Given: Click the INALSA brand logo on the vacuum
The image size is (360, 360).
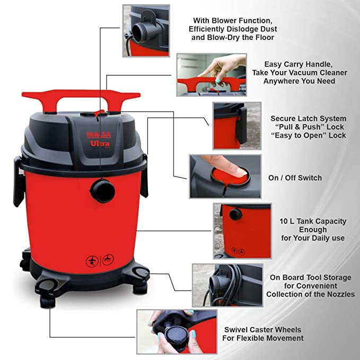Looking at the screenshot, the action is [99, 135].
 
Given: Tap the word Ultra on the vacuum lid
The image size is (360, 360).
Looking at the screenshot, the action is [100, 144].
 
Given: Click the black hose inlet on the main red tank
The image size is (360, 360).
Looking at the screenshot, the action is [103, 190].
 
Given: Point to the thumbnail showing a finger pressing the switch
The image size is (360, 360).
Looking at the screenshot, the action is [225, 177].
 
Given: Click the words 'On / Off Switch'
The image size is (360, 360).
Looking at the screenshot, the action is [295, 178].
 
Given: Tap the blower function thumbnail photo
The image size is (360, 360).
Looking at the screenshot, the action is [146, 31].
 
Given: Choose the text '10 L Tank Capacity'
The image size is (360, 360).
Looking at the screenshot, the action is [313, 221].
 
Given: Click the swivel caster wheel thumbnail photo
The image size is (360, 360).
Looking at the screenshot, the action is [177, 331].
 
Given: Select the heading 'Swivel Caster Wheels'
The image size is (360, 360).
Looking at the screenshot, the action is [262, 330].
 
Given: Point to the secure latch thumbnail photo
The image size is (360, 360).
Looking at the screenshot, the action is [237, 126].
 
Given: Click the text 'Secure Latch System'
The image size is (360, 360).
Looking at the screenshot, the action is [309, 118].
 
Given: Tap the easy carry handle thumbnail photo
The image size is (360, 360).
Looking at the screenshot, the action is [212, 75].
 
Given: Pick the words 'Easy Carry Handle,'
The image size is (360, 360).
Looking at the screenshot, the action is [298, 64].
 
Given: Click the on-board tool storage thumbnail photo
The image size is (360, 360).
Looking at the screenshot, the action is [227, 285].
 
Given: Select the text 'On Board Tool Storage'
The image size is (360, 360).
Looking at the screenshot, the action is [310, 277].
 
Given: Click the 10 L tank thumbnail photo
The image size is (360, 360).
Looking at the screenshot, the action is [242, 231].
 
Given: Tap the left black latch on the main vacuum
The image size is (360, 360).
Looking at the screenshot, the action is [19, 181].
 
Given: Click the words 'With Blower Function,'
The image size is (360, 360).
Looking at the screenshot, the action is [233, 21].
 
